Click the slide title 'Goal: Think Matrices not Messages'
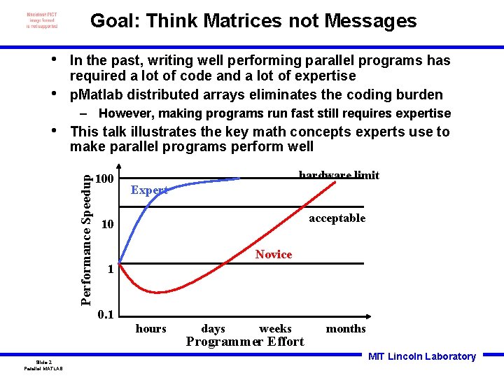click(253, 21)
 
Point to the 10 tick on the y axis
click(107, 224)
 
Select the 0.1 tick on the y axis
click(106, 314)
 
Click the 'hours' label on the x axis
click(150, 328)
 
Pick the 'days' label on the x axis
click(213, 328)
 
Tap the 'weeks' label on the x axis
click(275, 328)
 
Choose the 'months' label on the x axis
click(346, 328)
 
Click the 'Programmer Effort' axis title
click(245, 342)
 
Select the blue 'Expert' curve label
click(149, 190)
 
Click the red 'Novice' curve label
click(274, 254)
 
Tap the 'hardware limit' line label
click(339, 175)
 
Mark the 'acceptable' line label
click(337, 218)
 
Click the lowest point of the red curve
click(160, 292)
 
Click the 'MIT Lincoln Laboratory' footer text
click(421, 356)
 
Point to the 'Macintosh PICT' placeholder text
click(42, 15)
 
